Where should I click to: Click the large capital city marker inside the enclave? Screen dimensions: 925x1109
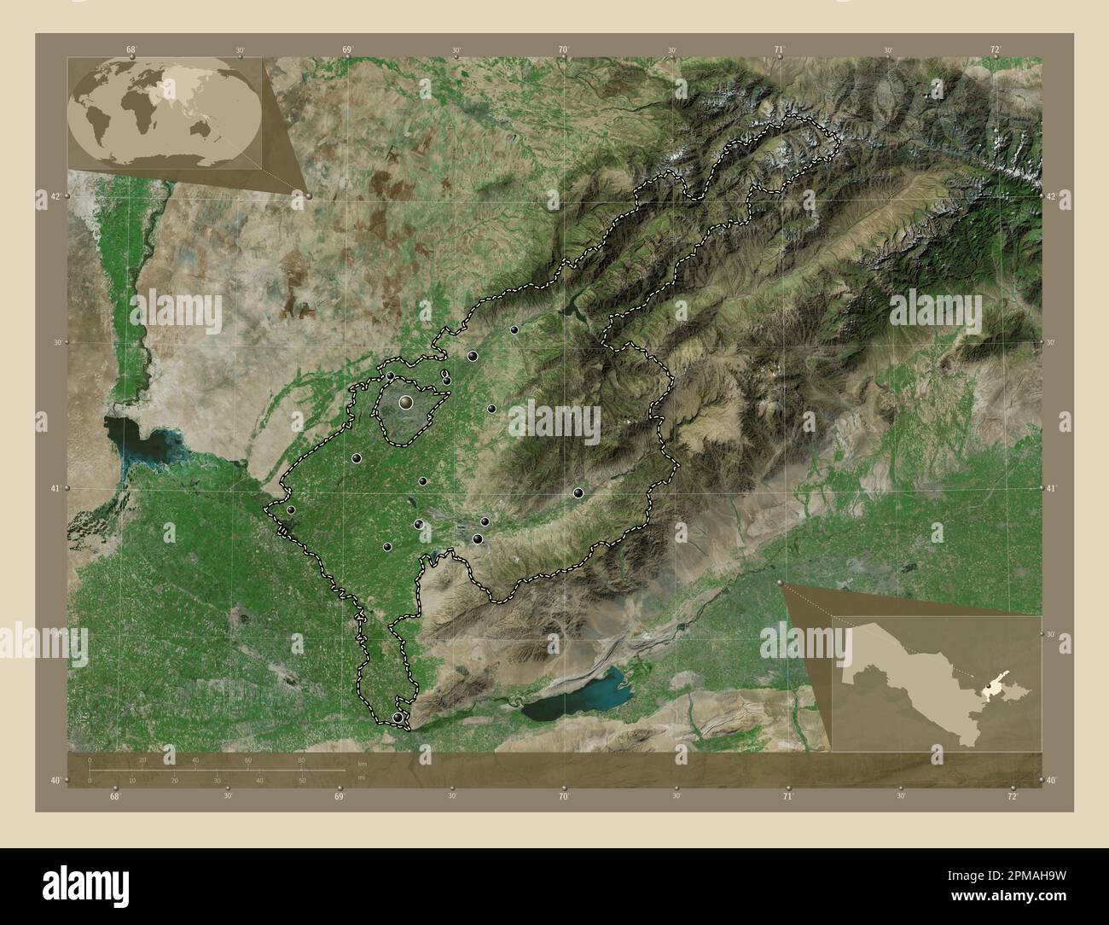(406, 400)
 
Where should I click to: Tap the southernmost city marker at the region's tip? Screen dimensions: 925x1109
(398, 718)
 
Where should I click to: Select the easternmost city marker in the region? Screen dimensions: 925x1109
(578, 492)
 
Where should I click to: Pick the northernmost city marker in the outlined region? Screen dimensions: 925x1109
(514, 329)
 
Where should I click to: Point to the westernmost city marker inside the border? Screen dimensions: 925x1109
(291, 510)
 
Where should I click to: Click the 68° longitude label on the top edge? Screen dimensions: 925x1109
(131, 49)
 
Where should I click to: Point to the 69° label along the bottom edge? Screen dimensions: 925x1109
(339, 797)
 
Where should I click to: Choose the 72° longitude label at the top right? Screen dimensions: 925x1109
(996, 49)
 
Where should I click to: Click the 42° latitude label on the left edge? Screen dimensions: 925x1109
(54, 196)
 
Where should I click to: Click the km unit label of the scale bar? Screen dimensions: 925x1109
(363, 763)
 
